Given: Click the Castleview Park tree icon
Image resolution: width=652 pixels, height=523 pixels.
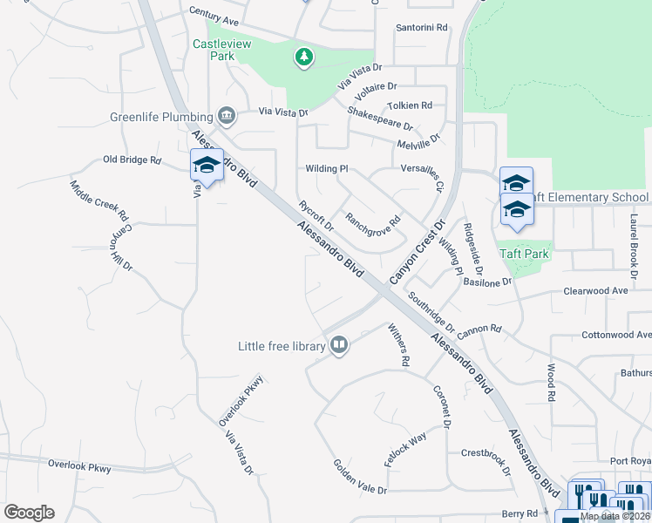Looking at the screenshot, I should tap(303, 58).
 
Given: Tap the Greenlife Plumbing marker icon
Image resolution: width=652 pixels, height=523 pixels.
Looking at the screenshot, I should tap(227, 116).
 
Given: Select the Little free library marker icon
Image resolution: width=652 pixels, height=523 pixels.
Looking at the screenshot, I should tap(338, 346).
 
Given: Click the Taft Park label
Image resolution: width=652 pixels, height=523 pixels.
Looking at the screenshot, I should tap(524, 254).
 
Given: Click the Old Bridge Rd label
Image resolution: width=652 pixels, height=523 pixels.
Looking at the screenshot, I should tap(132, 160).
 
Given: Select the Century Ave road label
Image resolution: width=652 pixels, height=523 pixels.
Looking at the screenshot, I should tap(214, 17).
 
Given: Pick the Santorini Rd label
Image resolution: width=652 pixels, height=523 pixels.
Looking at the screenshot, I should tap(421, 28).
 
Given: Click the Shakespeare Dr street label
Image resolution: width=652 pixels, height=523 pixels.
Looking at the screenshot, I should tap(379, 119).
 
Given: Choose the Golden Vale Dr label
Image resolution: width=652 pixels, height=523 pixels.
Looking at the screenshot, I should tap(359, 478).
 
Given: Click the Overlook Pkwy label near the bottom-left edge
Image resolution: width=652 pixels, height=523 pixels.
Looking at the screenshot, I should tap(79, 467).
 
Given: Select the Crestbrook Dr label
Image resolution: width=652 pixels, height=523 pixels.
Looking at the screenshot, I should tap(485, 458).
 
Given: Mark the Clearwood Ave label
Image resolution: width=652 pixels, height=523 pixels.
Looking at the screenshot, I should tap(595, 290).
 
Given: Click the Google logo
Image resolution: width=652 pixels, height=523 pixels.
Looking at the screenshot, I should tap(29, 513).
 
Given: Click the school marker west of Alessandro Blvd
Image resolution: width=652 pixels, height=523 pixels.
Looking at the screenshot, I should tap(206, 165).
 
